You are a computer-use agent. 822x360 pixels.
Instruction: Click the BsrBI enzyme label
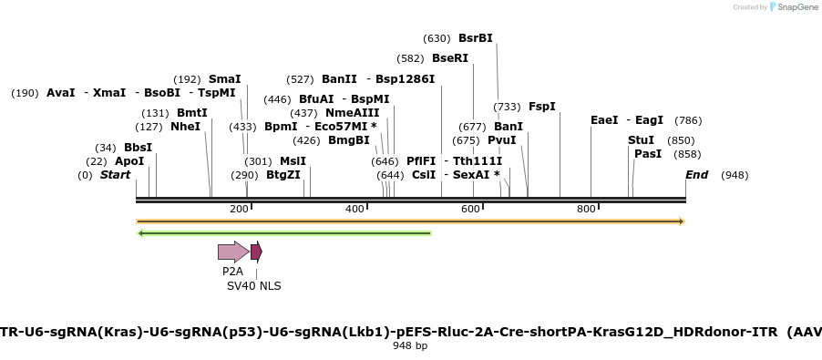475,38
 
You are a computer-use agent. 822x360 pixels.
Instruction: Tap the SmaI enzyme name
224,79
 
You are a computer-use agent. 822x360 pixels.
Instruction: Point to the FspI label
542,107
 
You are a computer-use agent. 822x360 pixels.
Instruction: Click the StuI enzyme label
641,140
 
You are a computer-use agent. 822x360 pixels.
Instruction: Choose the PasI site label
647,154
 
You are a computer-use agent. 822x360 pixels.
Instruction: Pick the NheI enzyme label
185,127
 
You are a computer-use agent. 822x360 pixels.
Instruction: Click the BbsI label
138,148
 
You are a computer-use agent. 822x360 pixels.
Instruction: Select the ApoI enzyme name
129,161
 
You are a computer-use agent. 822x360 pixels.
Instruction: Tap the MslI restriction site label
293,161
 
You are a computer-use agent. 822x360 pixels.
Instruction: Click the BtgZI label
283,175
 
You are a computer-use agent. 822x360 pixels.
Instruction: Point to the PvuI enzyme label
501,140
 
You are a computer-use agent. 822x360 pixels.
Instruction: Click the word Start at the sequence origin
115,175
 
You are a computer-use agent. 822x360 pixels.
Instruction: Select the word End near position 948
696,175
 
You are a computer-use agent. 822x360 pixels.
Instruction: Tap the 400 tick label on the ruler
355,210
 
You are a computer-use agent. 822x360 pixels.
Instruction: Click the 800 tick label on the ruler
587,210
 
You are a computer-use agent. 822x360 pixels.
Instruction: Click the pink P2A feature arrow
232,252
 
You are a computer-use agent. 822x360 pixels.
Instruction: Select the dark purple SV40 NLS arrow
256,252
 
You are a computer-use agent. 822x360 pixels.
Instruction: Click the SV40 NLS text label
254,286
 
